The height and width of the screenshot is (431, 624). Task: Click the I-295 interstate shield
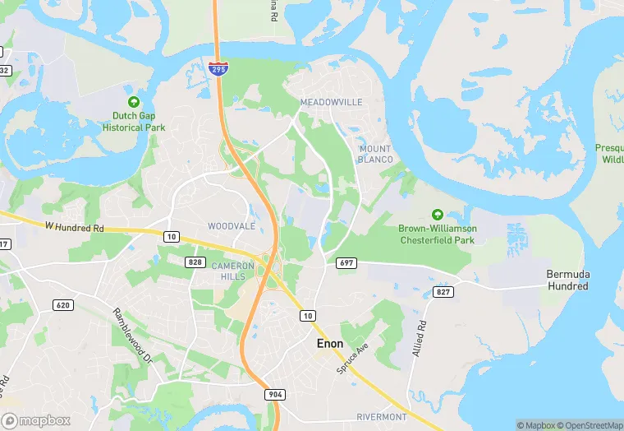coord(218,69)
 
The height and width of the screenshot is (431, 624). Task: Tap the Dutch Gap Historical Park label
coord(134,122)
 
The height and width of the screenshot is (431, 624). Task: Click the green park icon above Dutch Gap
coord(134,102)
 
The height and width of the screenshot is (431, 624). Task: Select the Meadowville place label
coord(331,102)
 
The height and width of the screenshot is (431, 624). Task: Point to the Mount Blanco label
coord(375,154)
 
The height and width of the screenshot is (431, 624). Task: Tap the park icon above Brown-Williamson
coord(437,214)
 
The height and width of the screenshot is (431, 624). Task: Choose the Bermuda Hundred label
coord(567,280)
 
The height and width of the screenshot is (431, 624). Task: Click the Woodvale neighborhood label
coord(232,226)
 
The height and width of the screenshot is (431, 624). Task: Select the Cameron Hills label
coord(228,271)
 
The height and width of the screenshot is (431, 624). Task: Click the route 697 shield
coord(345,262)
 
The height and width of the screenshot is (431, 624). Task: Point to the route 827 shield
coord(444,292)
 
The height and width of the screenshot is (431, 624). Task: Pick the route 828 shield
coord(195,262)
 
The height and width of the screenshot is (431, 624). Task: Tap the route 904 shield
coord(275,395)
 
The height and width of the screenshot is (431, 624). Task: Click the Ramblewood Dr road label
coord(133,336)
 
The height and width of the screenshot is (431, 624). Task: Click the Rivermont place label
coord(382,417)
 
